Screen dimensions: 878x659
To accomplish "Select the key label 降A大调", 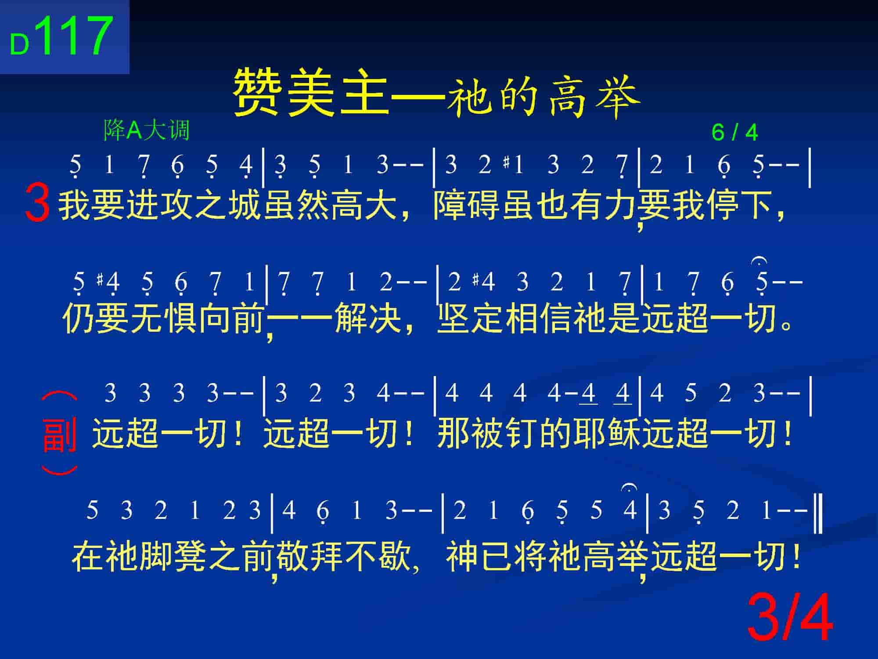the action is point(146,130).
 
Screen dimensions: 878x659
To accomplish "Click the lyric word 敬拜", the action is point(309,555).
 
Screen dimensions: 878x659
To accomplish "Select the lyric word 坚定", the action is point(471,318).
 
